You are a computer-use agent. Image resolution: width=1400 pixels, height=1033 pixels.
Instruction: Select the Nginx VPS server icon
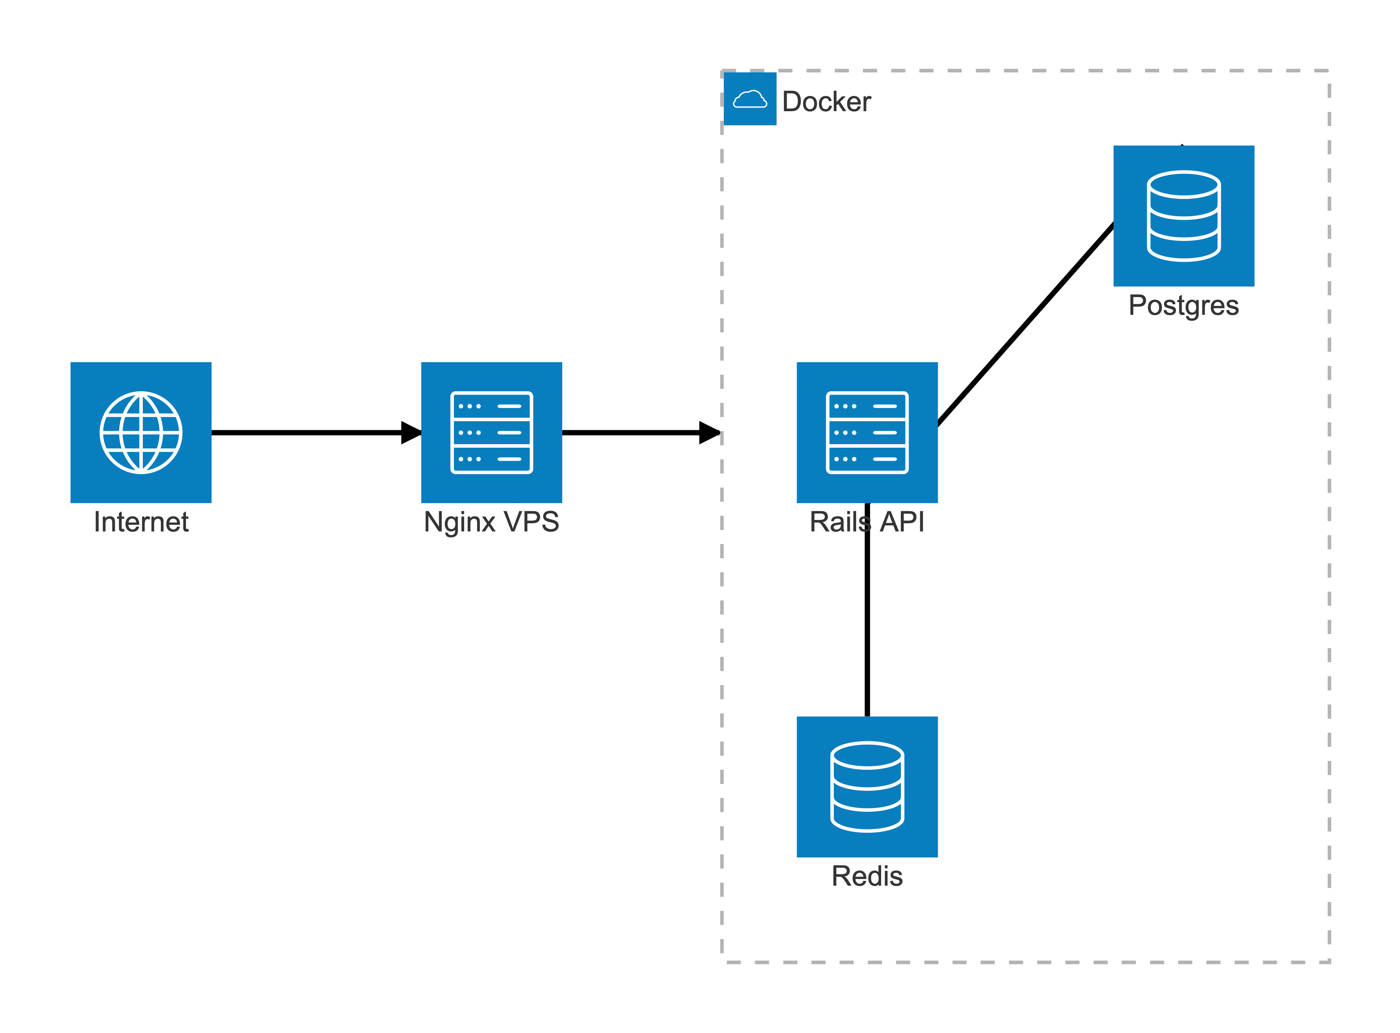click(x=491, y=433)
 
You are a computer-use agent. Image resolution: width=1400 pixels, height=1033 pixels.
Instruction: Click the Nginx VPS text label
click(x=491, y=522)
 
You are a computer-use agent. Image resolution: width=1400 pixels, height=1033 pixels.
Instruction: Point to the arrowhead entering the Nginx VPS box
click(x=412, y=433)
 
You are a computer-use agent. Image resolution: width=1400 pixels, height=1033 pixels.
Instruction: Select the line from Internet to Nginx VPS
click(x=306, y=433)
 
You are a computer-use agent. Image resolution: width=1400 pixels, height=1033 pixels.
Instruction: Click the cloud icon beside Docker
click(x=750, y=99)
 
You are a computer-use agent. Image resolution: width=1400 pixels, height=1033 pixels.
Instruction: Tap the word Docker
click(x=826, y=102)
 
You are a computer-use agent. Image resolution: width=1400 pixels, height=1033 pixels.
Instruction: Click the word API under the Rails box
click(x=902, y=522)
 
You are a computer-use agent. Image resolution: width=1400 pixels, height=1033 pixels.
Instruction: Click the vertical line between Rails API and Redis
click(x=867, y=625)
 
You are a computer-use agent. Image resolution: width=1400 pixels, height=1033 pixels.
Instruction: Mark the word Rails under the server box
click(x=839, y=522)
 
